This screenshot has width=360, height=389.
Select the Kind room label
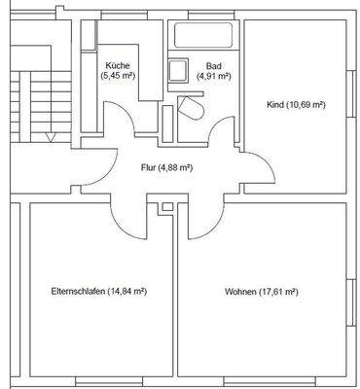(295, 104)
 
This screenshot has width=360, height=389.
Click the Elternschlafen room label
(98, 291)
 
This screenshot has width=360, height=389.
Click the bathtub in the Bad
(203, 36)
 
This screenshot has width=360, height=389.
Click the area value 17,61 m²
(276, 291)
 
